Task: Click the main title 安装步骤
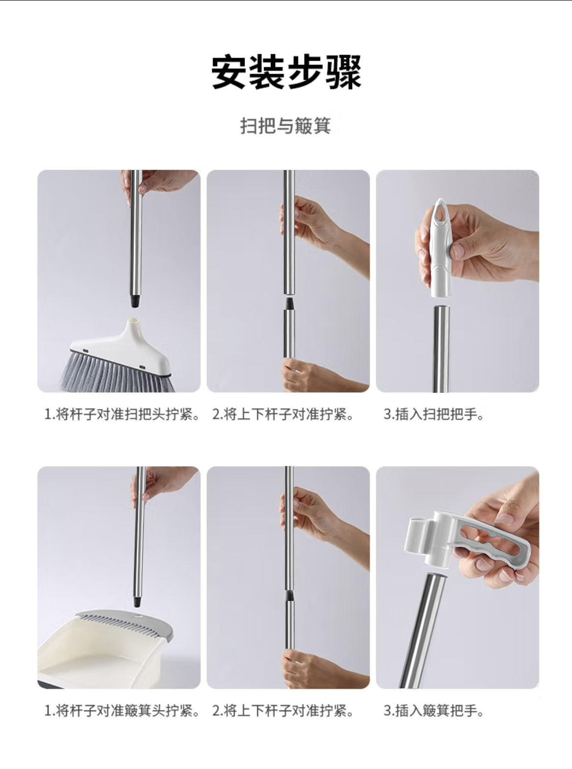click(x=286, y=72)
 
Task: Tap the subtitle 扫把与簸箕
click(x=286, y=126)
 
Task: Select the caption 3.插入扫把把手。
click(x=434, y=415)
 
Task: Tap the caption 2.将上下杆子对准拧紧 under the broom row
click(x=283, y=415)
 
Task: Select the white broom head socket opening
click(x=133, y=323)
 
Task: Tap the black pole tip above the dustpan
click(x=138, y=600)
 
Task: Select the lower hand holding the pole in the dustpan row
click(x=313, y=669)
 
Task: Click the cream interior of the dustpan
click(x=98, y=660)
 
